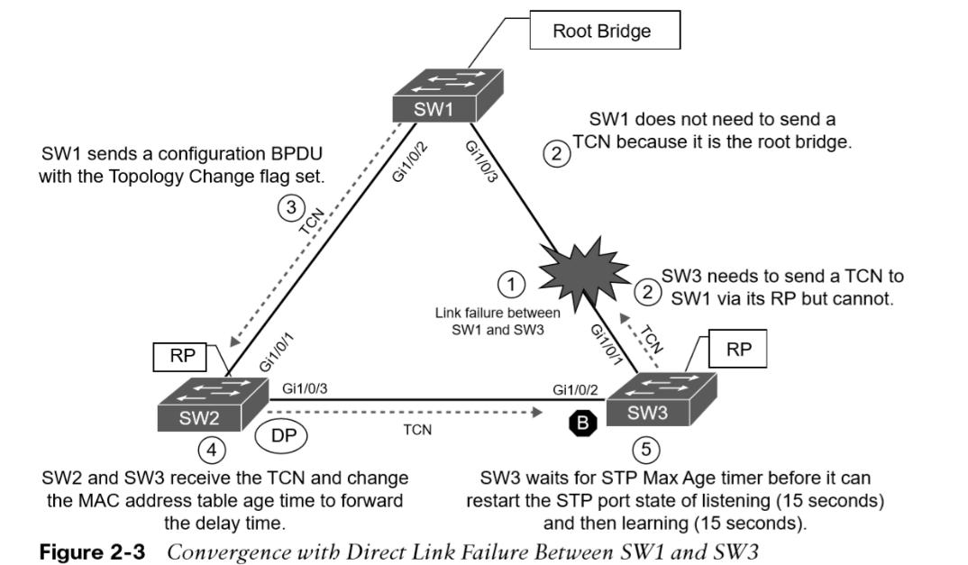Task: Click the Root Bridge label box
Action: pos(605,31)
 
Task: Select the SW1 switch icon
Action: pos(448,96)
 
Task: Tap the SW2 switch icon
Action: pos(213,405)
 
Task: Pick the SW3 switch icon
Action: pos(662,399)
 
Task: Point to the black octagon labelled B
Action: pos(583,423)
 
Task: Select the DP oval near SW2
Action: pos(281,435)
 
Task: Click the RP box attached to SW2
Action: pos(183,356)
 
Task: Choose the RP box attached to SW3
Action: pos(738,349)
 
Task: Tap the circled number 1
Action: pos(511,285)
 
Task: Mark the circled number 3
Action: pos(291,207)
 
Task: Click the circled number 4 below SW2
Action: pos(212,450)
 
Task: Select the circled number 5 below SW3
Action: pos(645,449)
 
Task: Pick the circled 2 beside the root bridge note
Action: pos(556,153)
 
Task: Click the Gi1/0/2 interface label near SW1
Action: pos(410,162)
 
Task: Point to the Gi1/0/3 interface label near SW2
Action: pos(305,388)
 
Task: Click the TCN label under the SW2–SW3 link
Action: pos(417,430)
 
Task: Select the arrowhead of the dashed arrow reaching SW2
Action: pos(234,341)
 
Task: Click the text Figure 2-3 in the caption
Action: pos(92,551)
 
